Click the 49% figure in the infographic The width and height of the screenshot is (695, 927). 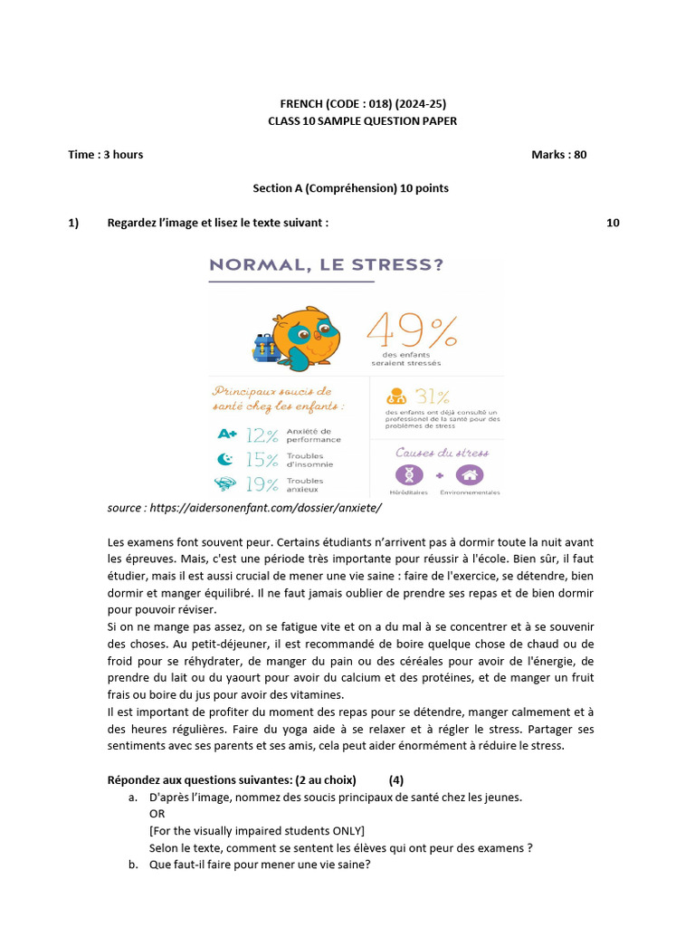click(412, 332)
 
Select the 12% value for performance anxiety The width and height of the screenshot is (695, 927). click(262, 435)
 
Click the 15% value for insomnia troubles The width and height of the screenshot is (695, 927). click(262, 459)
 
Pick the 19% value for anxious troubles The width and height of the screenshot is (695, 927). click(262, 483)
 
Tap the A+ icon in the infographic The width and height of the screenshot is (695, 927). click(226, 435)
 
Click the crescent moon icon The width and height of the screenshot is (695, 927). click(226, 459)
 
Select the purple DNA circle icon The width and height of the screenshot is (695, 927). click(409, 474)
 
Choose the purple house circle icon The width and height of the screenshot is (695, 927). click(469, 474)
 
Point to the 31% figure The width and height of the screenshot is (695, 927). click(433, 397)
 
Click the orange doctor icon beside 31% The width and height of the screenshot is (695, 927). click(395, 397)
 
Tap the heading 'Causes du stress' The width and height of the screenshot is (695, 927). click(442, 452)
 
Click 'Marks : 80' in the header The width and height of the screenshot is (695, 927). click(558, 155)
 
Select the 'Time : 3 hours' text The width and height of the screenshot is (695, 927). click(105, 155)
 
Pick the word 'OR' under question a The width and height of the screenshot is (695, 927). click(157, 814)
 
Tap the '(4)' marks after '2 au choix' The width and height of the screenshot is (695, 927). click(396, 780)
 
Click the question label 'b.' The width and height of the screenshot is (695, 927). click(134, 865)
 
